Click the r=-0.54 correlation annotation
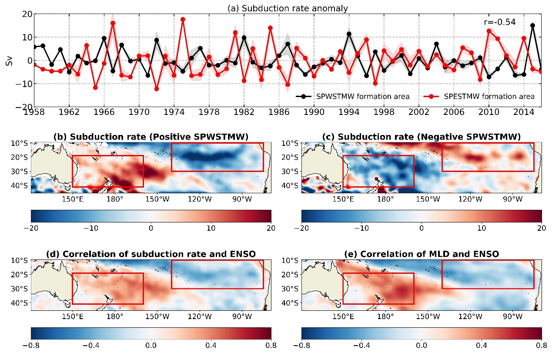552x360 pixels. (499, 22)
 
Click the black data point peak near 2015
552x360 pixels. (532, 26)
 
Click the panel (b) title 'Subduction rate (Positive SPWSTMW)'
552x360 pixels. (151, 137)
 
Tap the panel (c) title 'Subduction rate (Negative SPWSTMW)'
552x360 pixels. (421, 137)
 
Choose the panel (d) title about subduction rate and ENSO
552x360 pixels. (151, 254)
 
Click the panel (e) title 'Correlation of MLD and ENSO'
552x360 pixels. (421, 254)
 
